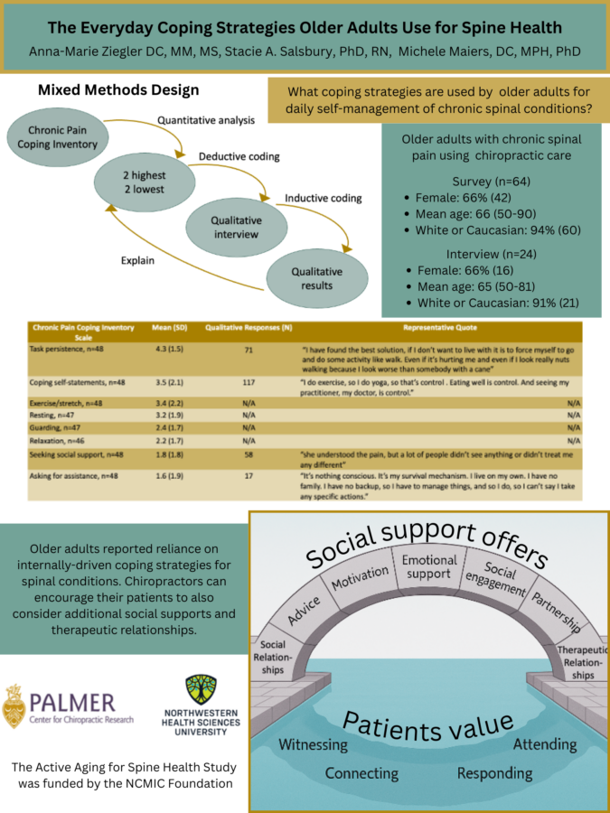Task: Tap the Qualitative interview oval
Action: point(237,226)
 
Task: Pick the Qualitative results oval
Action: point(316,277)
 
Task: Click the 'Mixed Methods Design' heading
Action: point(117,90)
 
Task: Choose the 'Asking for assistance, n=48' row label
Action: point(70,475)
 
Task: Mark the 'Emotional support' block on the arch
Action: point(429,567)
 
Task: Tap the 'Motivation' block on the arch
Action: point(359,583)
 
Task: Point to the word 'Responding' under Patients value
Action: point(494,773)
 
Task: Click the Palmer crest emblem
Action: point(14,706)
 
